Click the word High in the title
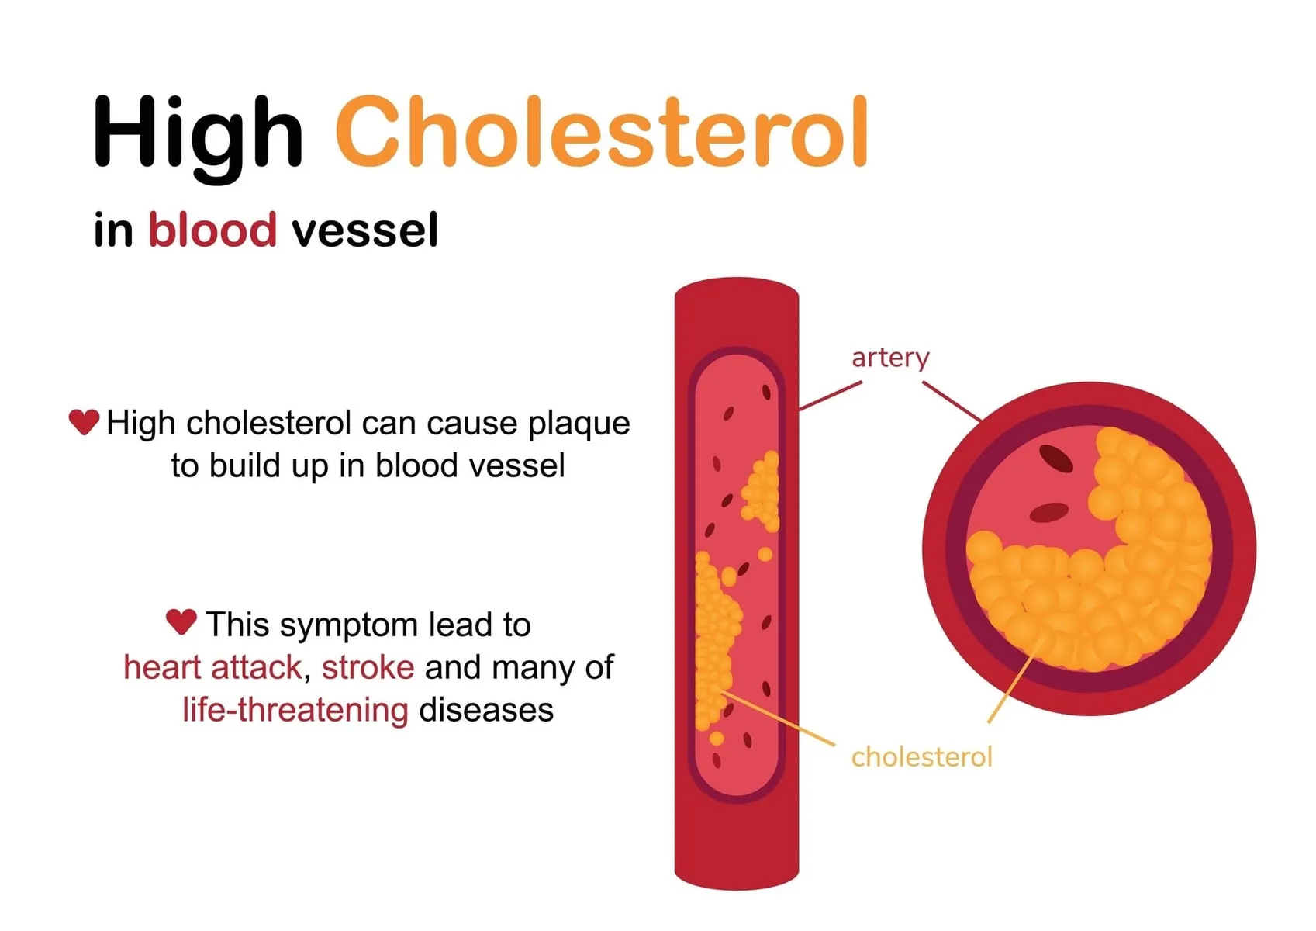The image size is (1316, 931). [198, 139]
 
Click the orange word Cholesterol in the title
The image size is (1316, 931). [602, 130]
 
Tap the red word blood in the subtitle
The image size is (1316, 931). [212, 229]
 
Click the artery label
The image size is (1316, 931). [890, 358]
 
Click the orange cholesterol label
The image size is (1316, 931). [922, 757]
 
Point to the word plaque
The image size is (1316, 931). [579, 424]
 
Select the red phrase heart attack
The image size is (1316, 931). [212, 667]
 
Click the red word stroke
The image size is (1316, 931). [368, 667]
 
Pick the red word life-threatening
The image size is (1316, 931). [295, 710]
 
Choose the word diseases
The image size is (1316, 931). [486, 710]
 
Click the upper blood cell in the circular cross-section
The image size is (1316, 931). [1056, 459]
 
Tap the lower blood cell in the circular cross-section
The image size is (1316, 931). [1049, 513]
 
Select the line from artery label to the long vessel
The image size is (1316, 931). [831, 396]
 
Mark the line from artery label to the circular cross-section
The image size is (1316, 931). [952, 401]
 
